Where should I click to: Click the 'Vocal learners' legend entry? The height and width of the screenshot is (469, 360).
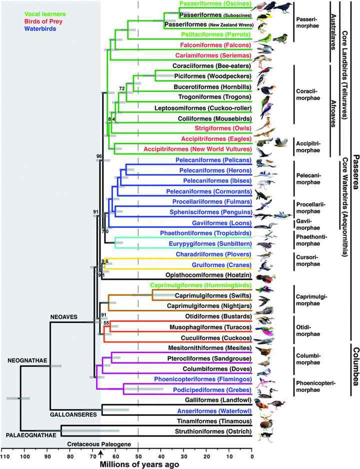(x=30, y=8)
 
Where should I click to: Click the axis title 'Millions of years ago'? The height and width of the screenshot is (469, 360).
(x=138, y=464)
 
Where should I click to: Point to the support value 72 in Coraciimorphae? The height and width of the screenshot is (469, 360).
(x=121, y=88)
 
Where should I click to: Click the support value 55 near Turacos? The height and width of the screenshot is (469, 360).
(x=106, y=323)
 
